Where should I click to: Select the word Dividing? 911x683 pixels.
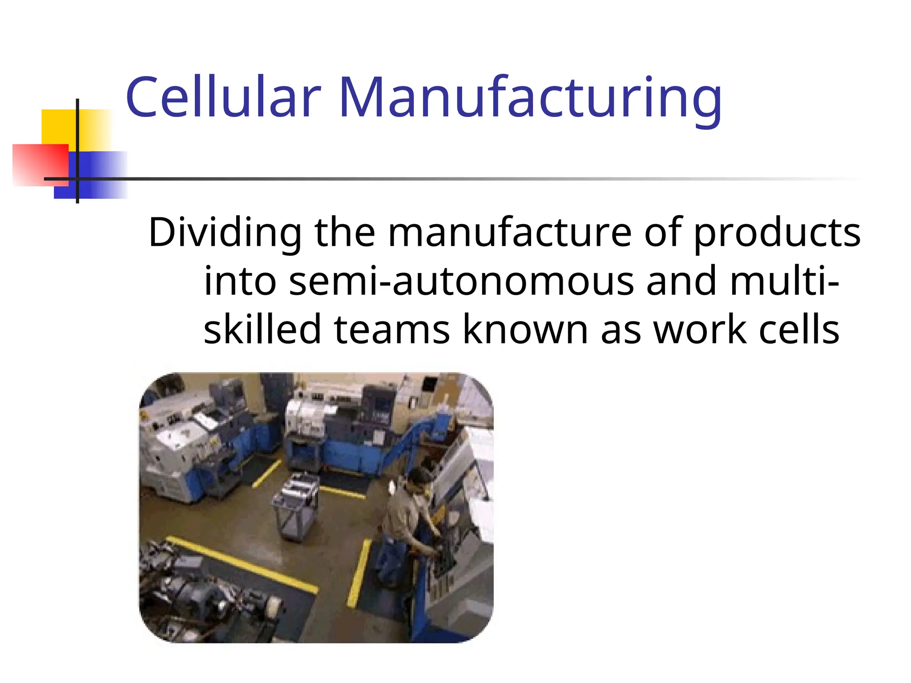(x=225, y=233)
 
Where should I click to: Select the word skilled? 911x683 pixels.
(x=262, y=329)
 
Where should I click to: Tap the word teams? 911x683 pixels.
(x=392, y=329)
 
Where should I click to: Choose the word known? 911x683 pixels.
(x=525, y=329)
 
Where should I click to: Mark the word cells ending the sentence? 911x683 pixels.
(x=799, y=329)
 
